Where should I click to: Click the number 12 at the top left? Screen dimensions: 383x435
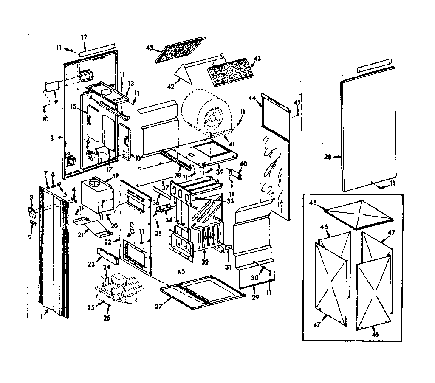[84, 37]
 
